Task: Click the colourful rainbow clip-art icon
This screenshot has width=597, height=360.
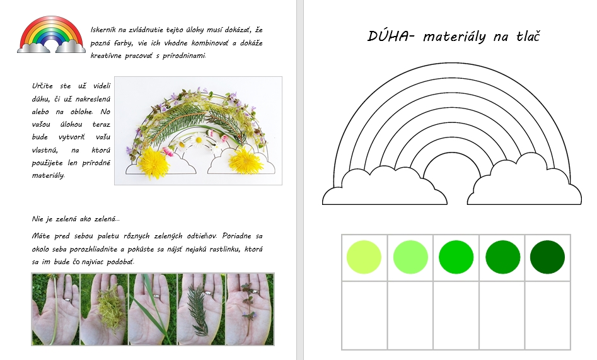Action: tap(51, 34)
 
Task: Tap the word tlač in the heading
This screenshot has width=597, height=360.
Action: tap(528, 36)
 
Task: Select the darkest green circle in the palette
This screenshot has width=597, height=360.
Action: tap(547, 257)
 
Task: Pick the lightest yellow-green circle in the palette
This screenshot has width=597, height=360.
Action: tap(364, 257)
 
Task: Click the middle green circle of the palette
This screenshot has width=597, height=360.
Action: tap(456, 257)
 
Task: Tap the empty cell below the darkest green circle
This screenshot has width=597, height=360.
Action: tap(547, 315)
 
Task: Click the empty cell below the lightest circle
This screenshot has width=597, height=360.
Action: tap(364, 315)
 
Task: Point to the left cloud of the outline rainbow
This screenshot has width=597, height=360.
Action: tap(385, 186)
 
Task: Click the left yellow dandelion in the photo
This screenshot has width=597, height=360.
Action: tap(153, 163)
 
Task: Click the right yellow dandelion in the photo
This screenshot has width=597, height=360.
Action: tap(246, 160)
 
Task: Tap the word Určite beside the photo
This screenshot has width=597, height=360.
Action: tap(42, 86)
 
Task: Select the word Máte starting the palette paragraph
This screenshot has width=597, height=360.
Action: tap(41, 236)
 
